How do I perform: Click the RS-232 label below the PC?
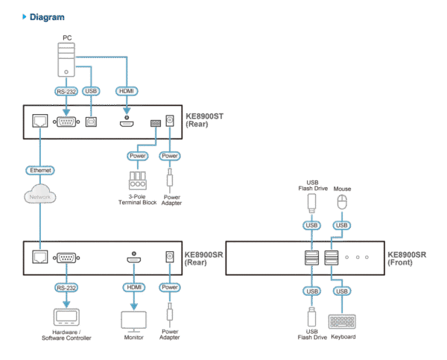click(x=66, y=91)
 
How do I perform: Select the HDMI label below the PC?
click(x=126, y=91)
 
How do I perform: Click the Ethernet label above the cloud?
click(x=40, y=171)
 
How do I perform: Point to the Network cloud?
click(x=40, y=196)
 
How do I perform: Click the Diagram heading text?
click(x=46, y=16)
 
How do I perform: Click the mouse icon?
click(x=342, y=203)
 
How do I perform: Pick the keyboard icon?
click(x=342, y=320)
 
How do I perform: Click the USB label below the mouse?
click(x=342, y=224)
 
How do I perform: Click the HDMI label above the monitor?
click(x=132, y=286)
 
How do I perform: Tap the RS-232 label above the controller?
click(x=66, y=286)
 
